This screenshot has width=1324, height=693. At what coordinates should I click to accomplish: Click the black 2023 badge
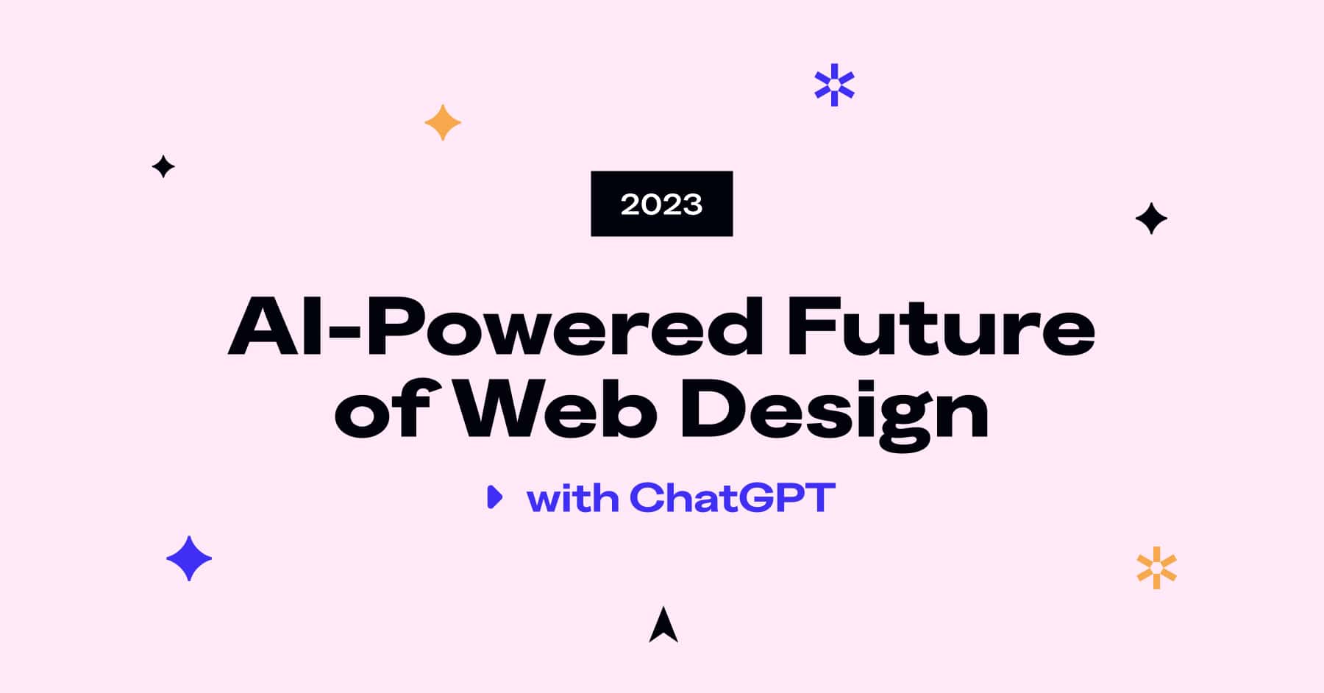point(661,204)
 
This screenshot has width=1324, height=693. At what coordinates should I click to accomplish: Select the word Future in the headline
point(941,327)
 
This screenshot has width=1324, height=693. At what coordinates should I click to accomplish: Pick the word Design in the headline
point(835,412)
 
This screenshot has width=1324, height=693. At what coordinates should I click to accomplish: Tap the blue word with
point(573,498)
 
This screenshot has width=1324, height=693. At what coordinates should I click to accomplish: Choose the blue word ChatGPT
point(732,498)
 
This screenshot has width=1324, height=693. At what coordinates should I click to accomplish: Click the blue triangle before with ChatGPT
point(495,497)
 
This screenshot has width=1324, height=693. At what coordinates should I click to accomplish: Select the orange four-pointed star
point(443,122)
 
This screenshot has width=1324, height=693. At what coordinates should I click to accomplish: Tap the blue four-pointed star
point(189,558)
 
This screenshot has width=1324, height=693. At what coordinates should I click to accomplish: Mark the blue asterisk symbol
point(834,85)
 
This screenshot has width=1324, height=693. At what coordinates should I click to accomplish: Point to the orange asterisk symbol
point(1156,568)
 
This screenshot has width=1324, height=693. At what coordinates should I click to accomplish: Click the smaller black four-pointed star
point(163,167)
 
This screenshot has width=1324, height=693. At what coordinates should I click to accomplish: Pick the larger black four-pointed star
point(1151,218)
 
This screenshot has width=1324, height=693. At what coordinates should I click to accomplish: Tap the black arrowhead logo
point(663,625)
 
